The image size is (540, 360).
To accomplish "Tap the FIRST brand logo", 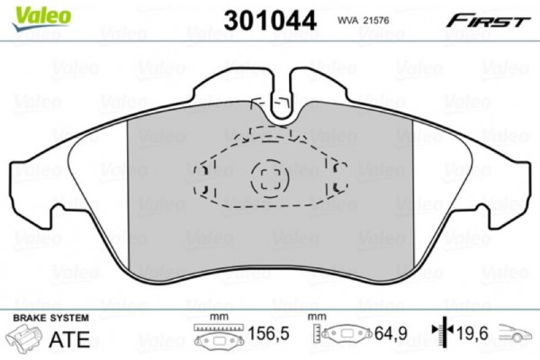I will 490,18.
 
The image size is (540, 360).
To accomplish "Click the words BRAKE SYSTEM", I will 51,319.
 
